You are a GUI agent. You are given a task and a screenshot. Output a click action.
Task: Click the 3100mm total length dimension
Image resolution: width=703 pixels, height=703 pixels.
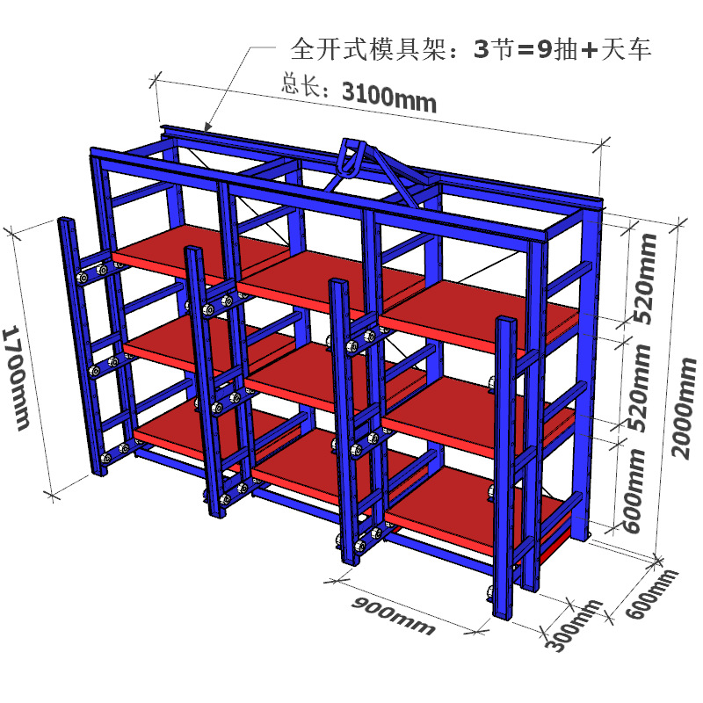click(x=388, y=98)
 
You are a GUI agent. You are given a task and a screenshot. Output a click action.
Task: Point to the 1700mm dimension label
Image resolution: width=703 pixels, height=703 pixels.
click(x=17, y=378)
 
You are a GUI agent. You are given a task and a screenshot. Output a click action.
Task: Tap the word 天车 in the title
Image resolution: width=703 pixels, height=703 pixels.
click(x=626, y=50)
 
